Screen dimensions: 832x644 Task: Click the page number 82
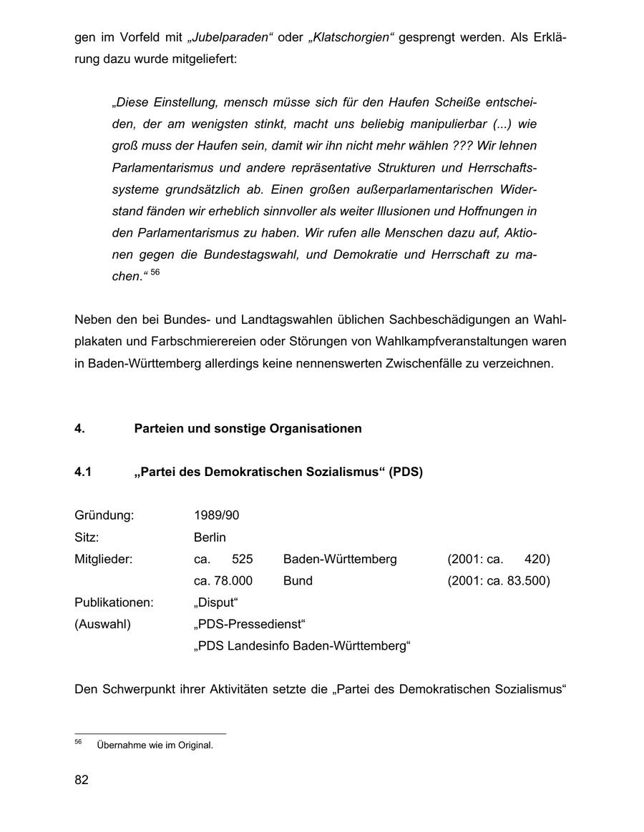pyautogui.click(x=82, y=780)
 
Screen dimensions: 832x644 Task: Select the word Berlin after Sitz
pyautogui.click(x=210, y=537)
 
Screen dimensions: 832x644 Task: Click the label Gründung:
pyautogui.click(x=104, y=515)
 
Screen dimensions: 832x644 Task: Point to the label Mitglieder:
pyautogui.click(x=104, y=559)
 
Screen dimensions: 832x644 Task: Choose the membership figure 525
pyautogui.click(x=243, y=559)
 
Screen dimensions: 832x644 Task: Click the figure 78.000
pyautogui.click(x=233, y=580)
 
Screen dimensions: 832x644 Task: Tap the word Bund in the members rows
pyautogui.click(x=298, y=580)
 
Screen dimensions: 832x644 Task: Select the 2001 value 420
pyautogui.click(x=537, y=559)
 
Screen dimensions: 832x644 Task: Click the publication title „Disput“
pyautogui.click(x=215, y=603)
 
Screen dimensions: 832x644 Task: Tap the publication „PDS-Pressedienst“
pyautogui.click(x=249, y=625)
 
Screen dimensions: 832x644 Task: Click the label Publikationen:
pyautogui.click(x=114, y=603)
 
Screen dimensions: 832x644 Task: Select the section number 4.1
pyautogui.click(x=83, y=472)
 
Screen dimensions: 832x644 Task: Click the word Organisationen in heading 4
pyautogui.click(x=316, y=429)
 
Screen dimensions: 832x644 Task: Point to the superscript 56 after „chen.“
pyautogui.click(x=155, y=272)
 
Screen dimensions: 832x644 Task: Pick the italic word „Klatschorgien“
pyautogui.click(x=351, y=36)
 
